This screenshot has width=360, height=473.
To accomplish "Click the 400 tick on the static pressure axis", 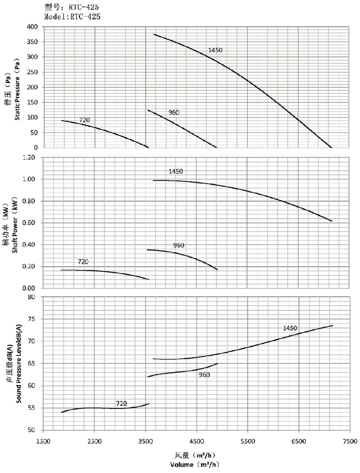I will point(32,27).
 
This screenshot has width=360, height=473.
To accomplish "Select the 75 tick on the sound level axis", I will point(33,319).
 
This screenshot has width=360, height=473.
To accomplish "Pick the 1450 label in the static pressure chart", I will point(215,50).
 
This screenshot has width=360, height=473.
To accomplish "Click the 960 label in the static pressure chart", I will point(174,112).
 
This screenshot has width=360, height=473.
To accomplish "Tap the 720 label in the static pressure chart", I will point(84,120).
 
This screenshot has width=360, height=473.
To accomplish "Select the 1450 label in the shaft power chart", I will point(176,172).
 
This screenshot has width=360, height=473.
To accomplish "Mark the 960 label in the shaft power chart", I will point(179,245).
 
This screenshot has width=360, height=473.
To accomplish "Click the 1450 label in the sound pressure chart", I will point(290,328).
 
